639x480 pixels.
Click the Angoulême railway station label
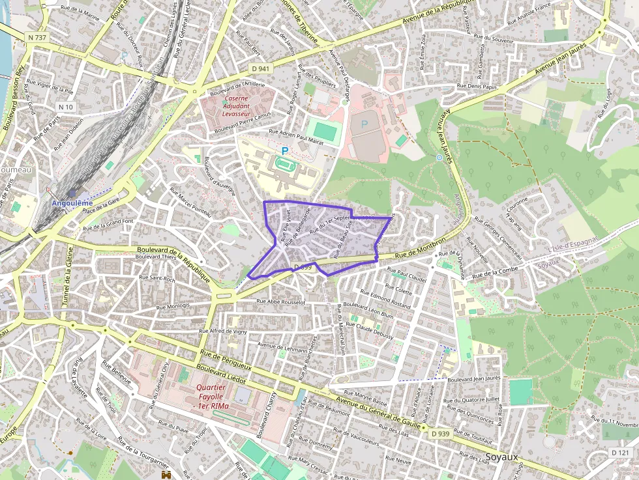pos(72,203)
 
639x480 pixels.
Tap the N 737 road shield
pos(37,38)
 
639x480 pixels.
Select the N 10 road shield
pos(66,107)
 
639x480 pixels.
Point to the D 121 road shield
pos(621,452)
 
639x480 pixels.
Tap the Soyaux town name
pos(502,457)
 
